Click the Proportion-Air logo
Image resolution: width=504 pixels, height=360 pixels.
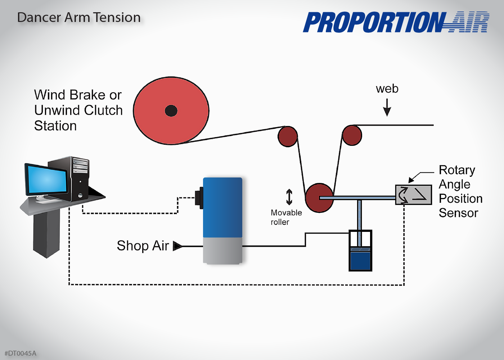(x=396, y=22)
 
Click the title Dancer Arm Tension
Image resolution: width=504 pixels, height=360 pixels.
(x=79, y=18)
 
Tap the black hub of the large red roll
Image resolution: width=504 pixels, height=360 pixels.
(x=171, y=111)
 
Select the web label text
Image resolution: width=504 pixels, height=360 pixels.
(x=387, y=89)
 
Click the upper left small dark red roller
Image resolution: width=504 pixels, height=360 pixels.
(x=288, y=136)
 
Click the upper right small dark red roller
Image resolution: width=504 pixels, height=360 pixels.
(x=352, y=135)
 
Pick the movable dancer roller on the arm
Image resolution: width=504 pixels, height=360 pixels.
(x=319, y=198)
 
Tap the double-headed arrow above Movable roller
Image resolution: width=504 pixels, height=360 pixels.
(x=289, y=197)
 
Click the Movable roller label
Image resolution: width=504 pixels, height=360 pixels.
(x=286, y=217)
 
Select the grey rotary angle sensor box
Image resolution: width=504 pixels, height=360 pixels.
(x=413, y=195)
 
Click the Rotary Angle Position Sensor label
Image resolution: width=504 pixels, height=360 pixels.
(x=460, y=191)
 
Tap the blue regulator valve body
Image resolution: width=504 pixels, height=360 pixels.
(x=222, y=208)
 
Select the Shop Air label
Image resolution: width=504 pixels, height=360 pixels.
(x=143, y=246)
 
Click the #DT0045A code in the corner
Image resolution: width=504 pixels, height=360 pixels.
(x=21, y=353)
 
